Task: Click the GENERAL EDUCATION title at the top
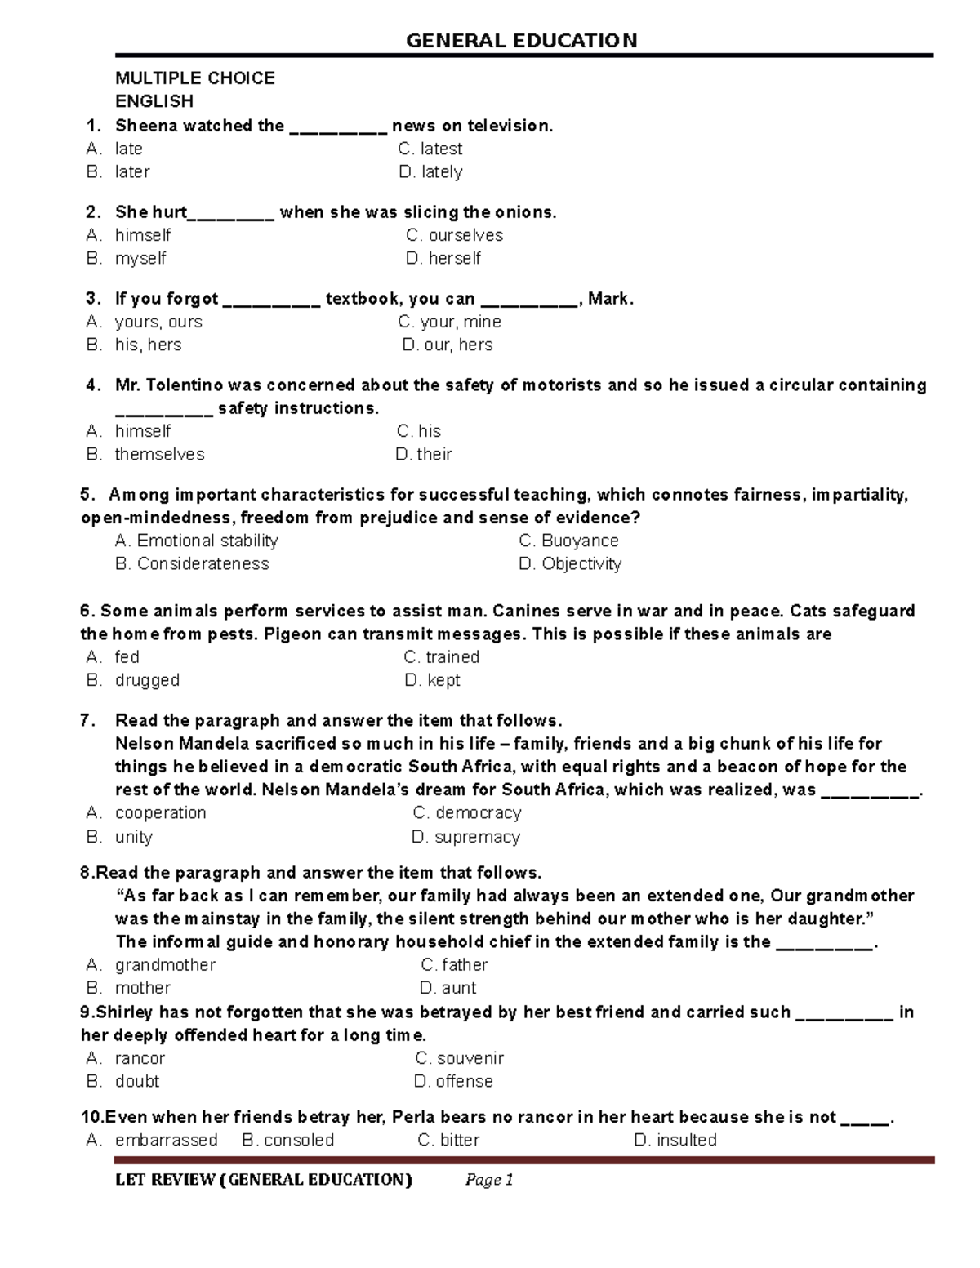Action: [521, 40]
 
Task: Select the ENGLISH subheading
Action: [154, 101]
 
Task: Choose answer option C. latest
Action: [430, 149]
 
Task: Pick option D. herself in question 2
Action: [443, 258]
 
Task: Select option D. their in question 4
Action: [424, 454]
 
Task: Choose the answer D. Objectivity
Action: [570, 563]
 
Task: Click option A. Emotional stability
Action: [197, 541]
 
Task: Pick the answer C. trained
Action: [441, 656]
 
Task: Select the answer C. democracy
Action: [467, 812]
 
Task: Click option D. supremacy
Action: [465, 837]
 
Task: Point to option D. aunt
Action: [448, 988]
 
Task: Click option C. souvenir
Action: [459, 1058]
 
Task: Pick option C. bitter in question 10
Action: [448, 1140]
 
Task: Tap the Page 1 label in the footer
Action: [488, 1180]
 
